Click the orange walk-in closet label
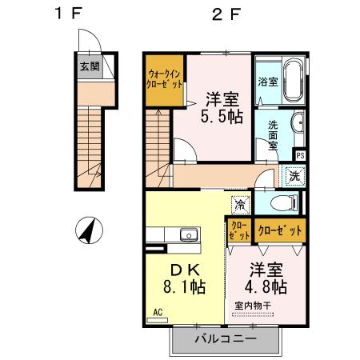164,82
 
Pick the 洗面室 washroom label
274,130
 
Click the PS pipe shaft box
300,156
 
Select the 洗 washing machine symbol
294,176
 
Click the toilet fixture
282,202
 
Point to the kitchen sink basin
190,235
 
